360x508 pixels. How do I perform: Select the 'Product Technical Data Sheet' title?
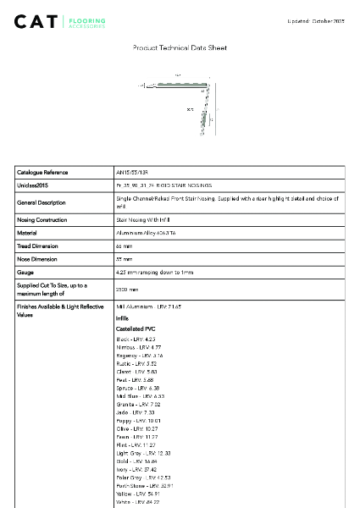180,49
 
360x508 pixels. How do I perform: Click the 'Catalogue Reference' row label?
42,172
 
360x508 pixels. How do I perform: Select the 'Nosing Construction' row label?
42,218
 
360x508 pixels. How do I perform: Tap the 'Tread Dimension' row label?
38,246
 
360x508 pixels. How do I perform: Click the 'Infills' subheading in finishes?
122,317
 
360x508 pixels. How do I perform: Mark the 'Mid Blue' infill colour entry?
135,395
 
